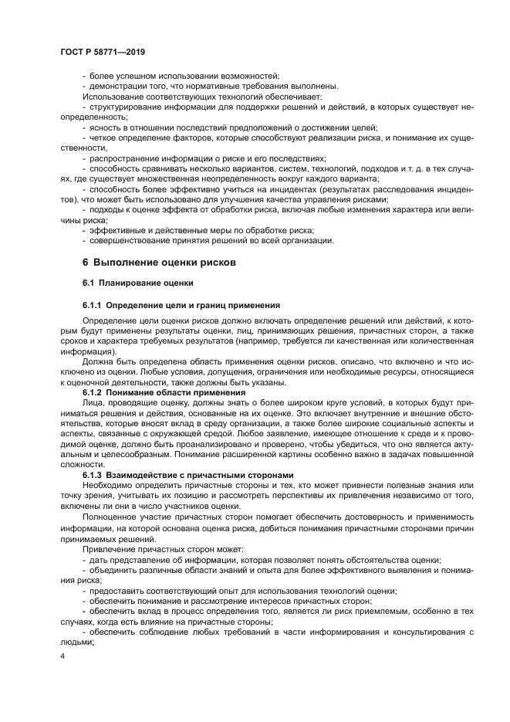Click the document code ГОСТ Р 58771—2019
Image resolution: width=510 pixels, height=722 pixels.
click(103, 52)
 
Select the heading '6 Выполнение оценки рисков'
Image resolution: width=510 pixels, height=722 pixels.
click(159, 262)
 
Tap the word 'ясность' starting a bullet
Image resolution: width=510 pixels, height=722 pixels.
click(105, 127)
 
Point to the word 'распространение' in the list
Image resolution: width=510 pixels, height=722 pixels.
click(125, 158)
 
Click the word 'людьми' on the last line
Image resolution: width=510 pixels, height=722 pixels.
click(76, 641)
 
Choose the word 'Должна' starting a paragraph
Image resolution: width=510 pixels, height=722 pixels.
click(97, 361)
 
